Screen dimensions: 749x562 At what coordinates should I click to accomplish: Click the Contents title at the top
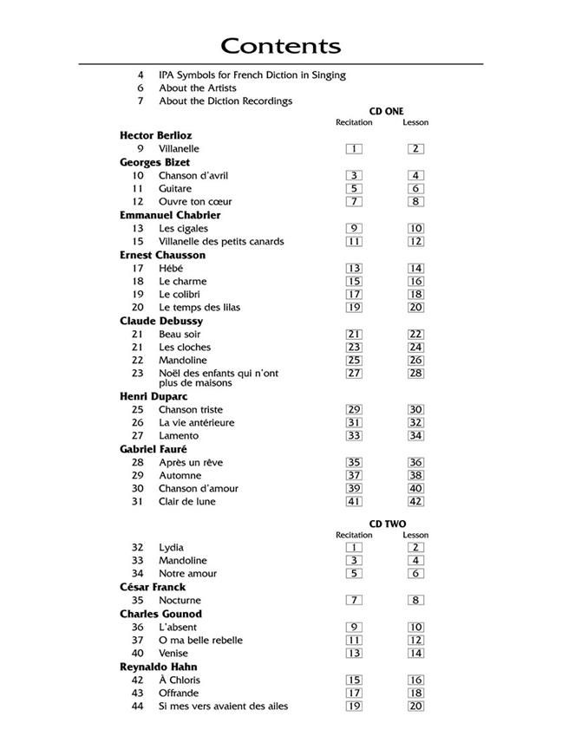click(x=280, y=46)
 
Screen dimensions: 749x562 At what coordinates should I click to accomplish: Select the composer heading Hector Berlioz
click(x=156, y=136)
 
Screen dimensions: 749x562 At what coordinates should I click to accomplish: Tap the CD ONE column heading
click(x=386, y=112)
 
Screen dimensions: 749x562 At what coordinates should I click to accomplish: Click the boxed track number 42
click(x=415, y=502)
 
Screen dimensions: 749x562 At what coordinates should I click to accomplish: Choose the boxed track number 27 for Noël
click(x=354, y=374)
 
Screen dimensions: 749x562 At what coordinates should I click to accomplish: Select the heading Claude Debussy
click(x=161, y=322)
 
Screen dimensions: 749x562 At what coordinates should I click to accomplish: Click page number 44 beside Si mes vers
click(x=137, y=707)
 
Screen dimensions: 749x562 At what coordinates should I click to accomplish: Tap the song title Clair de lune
click(x=186, y=502)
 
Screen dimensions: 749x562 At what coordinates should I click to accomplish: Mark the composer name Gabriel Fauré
click(x=154, y=450)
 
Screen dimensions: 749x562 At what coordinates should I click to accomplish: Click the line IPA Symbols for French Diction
click(x=252, y=75)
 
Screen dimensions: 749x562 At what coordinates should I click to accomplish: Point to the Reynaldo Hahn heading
click(x=159, y=668)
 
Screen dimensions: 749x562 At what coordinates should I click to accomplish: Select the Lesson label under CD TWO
click(x=415, y=535)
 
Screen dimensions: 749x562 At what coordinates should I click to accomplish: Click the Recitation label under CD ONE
click(x=354, y=122)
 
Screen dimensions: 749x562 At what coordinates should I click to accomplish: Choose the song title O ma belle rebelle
click(x=200, y=641)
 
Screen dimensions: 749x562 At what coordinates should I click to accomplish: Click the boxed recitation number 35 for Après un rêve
click(x=354, y=463)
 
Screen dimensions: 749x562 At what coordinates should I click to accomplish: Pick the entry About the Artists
click(x=197, y=88)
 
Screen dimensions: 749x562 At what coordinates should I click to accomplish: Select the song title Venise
click(x=173, y=654)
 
